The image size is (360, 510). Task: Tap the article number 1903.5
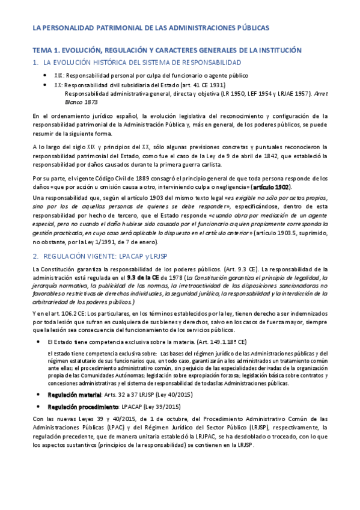(278, 233)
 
